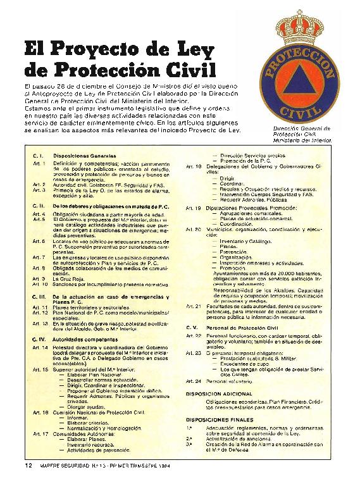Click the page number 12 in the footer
[28, 466]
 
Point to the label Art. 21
[194, 306]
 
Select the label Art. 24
[194, 382]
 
